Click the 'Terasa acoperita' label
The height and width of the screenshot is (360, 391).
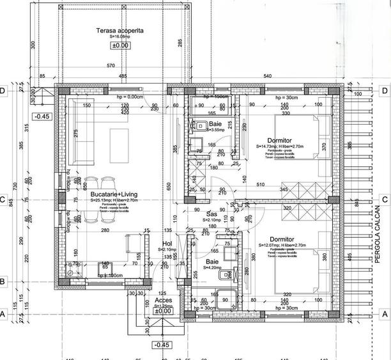[x=119, y=31]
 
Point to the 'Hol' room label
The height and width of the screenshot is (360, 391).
[x=167, y=243]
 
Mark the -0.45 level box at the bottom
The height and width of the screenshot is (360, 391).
[x=163, y=345]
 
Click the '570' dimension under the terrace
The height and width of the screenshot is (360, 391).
[x=111, y=65]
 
